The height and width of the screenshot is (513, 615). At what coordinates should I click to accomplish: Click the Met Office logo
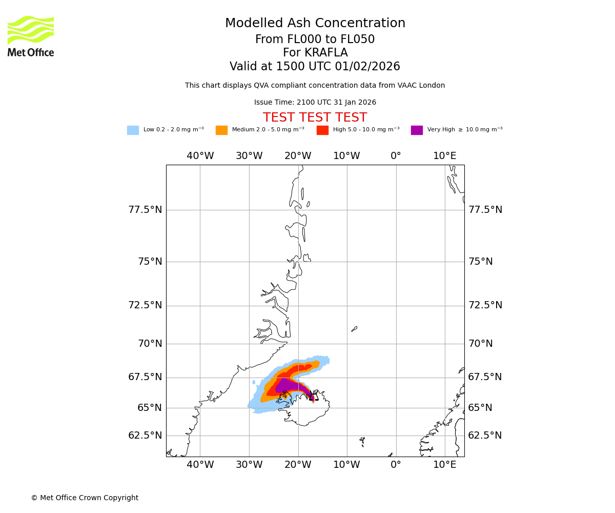[31, 36]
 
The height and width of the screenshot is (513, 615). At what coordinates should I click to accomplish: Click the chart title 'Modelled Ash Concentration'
[315, 24]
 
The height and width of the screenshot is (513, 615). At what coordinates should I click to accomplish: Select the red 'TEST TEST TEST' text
[315, 118]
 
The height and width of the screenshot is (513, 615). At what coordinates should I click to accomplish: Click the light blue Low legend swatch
[133, 130]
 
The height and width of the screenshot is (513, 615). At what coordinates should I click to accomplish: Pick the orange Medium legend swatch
[221, 130]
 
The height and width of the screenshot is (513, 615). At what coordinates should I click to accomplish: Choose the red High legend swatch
[322, 130]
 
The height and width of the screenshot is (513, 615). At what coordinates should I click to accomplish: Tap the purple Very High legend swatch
[417, 130]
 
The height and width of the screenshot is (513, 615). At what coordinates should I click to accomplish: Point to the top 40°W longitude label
[200, 156]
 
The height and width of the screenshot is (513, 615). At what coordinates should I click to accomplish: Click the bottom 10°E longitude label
[444, 465]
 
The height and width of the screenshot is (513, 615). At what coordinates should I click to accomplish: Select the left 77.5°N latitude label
[145, 210]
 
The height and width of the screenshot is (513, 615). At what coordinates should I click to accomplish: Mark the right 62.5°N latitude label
[485, 436]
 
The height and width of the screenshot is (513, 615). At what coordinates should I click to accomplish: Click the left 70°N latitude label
[150, 344]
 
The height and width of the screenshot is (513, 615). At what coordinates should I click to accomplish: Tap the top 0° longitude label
[396, 156]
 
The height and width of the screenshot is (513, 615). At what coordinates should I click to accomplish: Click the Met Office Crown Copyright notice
[85, 498]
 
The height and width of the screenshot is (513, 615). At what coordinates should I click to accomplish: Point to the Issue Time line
[315, 103]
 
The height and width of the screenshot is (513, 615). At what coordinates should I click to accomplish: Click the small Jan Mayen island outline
[354, 329]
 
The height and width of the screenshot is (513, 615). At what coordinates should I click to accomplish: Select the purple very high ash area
[290, 385]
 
